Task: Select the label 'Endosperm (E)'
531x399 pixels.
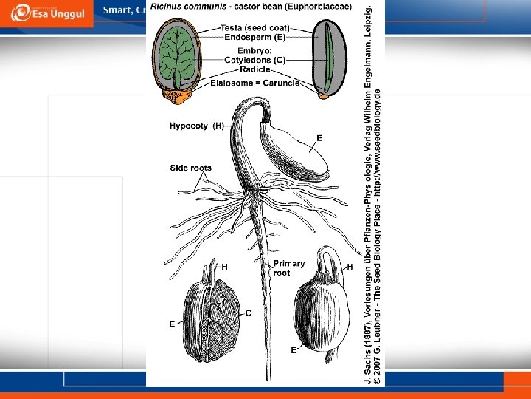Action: click(x=255, y=37)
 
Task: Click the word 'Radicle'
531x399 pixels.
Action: click(x=254, y=69)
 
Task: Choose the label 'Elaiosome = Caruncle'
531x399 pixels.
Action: click(x=254, y=83)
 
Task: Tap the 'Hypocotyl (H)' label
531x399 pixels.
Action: click(x=197, y=126)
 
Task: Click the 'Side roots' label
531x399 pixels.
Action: click(x=190, y=168)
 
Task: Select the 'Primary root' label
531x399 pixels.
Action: click(x=288, y=267)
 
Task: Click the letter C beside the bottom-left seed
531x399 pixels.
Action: click(x=249, y=313)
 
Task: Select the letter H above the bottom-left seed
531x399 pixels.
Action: click(x=224, y=266)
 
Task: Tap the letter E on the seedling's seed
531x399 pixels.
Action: click(x=319, y=138)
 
